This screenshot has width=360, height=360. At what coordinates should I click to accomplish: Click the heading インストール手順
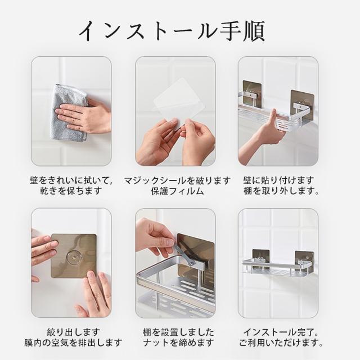click(172, 31)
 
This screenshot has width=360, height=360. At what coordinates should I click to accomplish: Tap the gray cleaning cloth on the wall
click(69, 112)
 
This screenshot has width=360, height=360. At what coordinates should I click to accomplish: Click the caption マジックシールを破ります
click(177, 181)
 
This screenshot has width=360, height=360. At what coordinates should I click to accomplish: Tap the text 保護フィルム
click(178, 191)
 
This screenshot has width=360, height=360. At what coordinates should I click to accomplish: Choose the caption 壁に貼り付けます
click(278, 180)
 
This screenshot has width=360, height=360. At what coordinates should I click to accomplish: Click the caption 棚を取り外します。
click(281, 191)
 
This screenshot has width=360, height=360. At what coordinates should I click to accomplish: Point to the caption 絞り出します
click(74, 332)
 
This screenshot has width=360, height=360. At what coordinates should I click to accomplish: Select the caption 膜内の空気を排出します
click(73, 343)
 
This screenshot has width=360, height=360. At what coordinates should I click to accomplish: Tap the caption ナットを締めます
click(178, 343)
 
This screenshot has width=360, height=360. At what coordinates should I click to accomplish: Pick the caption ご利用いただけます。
click(281, 343)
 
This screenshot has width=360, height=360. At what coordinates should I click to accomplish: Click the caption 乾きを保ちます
click(71, 191)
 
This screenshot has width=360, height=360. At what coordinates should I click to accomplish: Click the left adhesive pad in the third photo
click(252, 92)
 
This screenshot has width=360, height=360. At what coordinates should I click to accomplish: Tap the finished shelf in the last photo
click(277, 266)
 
